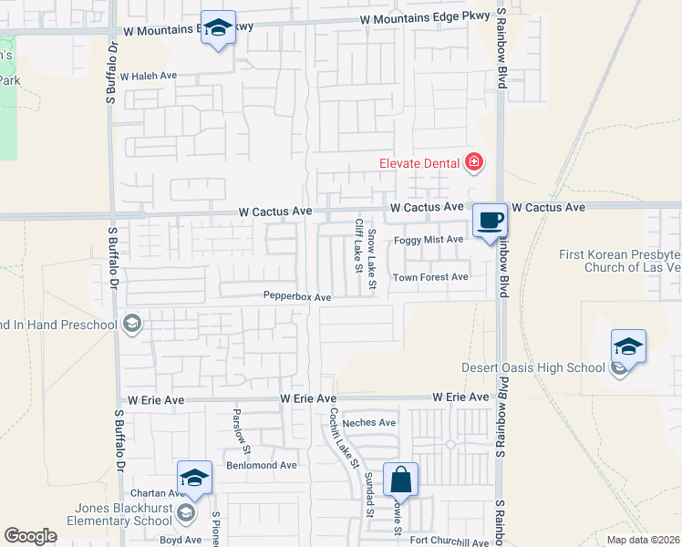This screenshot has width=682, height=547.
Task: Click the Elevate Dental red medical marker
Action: point(473,163)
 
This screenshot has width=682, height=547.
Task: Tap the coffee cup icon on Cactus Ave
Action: point(490,220)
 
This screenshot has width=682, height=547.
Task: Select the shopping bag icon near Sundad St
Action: point(401,478)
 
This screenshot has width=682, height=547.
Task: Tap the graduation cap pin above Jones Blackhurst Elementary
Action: point(194,478)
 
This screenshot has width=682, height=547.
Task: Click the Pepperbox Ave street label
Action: point(296,296)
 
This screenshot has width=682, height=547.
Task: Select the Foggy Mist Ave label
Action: point(429,240)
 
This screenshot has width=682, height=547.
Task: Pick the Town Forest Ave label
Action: point(430,277)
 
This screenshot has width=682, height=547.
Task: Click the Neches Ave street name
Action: point(369,422)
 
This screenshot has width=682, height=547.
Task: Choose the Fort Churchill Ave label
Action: point(449,542)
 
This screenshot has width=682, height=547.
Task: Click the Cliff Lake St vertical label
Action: point(359,244)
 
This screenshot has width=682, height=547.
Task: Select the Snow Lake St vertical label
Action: point(372,261)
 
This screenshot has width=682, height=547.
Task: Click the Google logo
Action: point(30,536)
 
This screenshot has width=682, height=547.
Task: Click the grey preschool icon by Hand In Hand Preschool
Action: point(131,324)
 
